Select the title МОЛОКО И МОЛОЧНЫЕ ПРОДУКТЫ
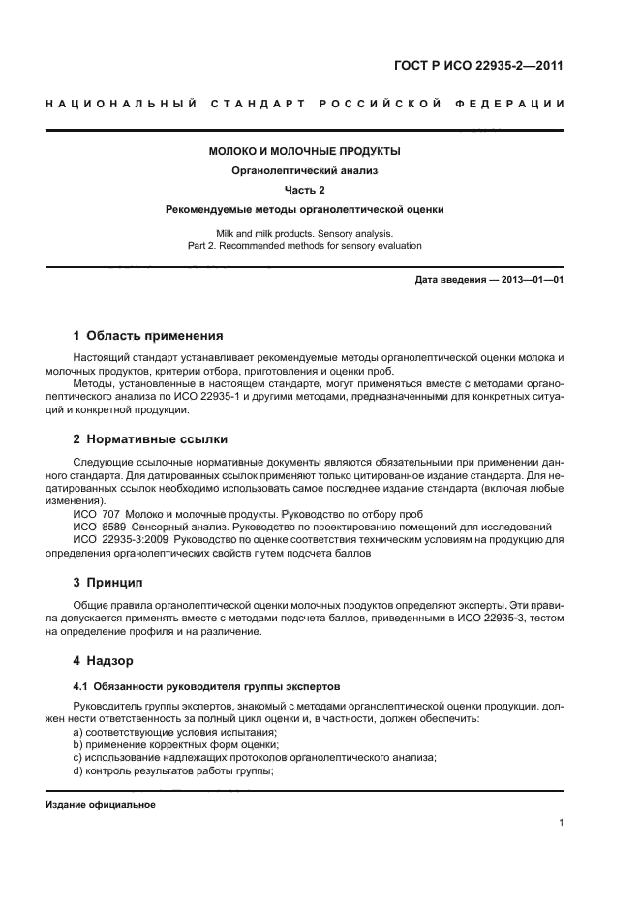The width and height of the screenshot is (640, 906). pyautogui.click(x=305, y=151)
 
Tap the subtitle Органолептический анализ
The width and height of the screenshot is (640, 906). pyautogui.click(x=305, y=170)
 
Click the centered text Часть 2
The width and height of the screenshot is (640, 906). pyautogui.click(x=305, y=190)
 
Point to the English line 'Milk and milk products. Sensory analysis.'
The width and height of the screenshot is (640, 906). pyautogui.click(x=305, y=233)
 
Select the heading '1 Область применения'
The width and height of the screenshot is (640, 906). pyautogui.click(x=148, y=336)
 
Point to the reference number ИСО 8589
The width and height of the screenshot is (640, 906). pyautogui.click(x=99, y=527)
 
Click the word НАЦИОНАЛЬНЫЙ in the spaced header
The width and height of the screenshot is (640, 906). pyautogui.click(x=117, y=104)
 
